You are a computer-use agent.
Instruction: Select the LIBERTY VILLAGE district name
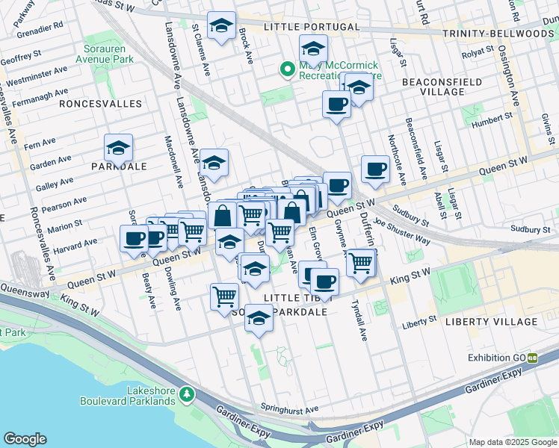pos(491,322)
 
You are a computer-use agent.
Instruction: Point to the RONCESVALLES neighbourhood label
pos(100,103)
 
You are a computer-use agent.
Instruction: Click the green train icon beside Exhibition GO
pos(533,358)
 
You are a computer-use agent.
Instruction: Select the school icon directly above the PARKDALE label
pos(118,148)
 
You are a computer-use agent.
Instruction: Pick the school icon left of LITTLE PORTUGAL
pos(221,26)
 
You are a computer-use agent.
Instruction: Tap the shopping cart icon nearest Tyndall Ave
pos(361,263)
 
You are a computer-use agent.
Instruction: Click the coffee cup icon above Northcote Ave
pos(375,168)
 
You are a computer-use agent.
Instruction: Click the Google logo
pos(25,439)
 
